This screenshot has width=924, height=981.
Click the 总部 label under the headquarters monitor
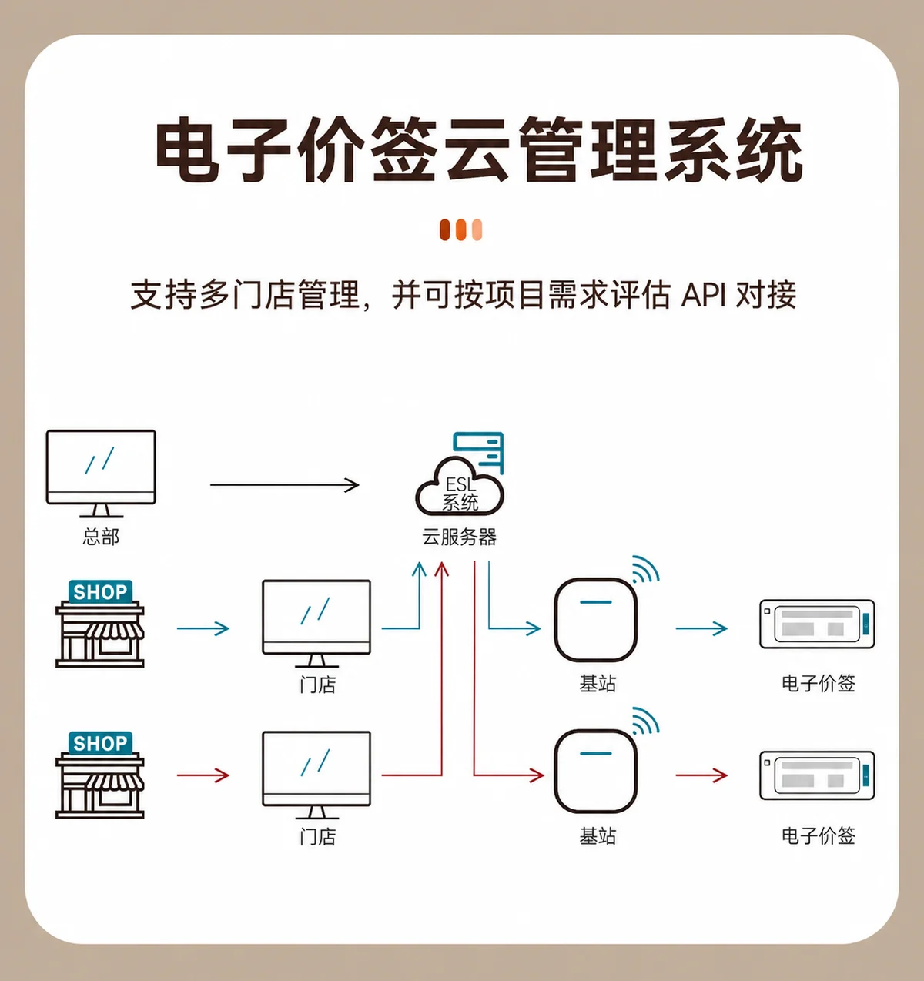coord(101,537)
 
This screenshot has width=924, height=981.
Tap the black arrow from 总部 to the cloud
coord(285,484)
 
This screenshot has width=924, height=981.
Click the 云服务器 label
coord(459,537)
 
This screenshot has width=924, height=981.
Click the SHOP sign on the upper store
coord(100,592)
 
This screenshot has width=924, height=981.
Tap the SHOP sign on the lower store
coord(100,743)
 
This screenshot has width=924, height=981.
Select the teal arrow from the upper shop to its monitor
coord(203,628)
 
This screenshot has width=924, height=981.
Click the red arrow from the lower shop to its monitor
coord(203,775)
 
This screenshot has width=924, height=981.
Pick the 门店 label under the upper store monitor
coord(318,685)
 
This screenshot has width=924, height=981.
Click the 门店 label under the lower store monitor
coord(318,836)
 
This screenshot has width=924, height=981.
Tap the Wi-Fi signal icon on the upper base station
coord(645,569)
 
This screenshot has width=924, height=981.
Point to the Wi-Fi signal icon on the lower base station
coord(645,721)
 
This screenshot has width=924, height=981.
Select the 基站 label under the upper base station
coord(598,684)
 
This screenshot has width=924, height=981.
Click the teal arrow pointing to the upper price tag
coord(701,628)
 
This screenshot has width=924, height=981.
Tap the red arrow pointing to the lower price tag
coord(701,775)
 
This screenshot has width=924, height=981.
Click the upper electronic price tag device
coord(817,624)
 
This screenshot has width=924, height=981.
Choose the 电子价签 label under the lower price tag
coord(819,835)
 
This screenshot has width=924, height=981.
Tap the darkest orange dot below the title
coord(445,229)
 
